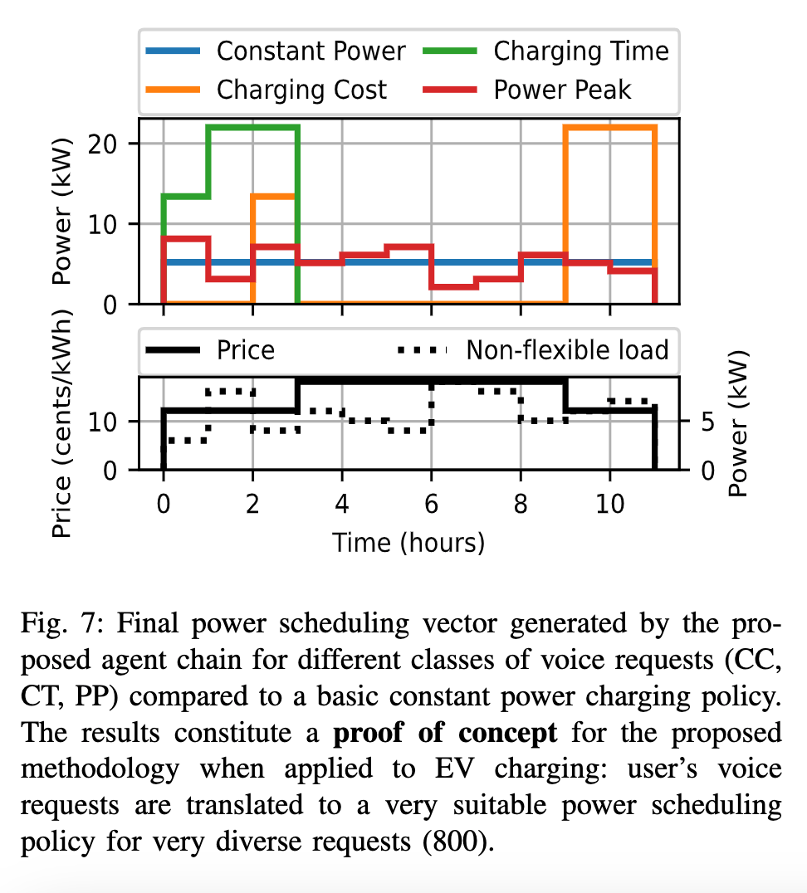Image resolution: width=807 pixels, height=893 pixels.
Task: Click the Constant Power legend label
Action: [311, 51]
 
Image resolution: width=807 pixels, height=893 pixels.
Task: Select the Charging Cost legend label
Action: [301, 89]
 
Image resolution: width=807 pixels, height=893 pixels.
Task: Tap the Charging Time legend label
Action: [581, 51]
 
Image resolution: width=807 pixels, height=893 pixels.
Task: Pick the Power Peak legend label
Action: [562, 89]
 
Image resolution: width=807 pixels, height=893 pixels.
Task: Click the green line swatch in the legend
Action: [451, 51]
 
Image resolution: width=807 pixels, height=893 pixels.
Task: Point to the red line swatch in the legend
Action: [451, 89]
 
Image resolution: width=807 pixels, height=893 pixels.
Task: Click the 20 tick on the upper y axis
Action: [114, 144]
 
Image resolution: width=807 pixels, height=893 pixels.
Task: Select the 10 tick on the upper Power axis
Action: [114, 224]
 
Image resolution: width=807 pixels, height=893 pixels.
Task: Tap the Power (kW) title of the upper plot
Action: [63, 211]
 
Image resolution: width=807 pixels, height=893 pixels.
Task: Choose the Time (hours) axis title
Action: [408, 543]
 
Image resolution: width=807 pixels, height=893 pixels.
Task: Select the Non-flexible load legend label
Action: [567, 350]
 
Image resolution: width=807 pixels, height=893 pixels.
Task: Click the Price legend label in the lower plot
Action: [245, 350]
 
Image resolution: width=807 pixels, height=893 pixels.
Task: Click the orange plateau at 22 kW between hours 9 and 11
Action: [610, 127]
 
